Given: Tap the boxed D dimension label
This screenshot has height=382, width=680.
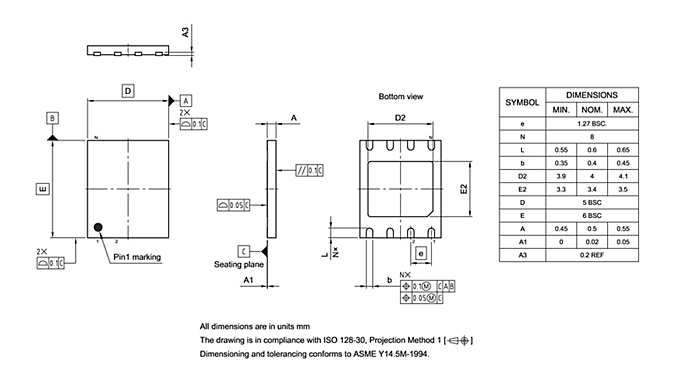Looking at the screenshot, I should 128,91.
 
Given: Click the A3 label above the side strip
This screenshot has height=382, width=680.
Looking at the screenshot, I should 186,33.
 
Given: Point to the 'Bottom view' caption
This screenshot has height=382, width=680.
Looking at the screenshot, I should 401,96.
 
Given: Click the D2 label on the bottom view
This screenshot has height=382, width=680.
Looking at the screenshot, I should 399,118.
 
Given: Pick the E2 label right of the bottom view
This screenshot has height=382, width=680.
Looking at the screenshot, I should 463,188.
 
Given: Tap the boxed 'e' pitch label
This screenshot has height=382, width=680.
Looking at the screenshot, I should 423,254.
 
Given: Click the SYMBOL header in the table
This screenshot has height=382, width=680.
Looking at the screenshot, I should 521,101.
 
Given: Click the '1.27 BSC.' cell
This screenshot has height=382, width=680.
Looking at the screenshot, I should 591,122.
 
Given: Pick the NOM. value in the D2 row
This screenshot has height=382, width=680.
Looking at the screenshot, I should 591,175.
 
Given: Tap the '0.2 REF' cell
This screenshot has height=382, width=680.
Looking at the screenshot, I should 591,255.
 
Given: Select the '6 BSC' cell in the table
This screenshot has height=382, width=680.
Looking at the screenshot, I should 591,215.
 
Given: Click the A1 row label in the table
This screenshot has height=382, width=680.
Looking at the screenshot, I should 521,242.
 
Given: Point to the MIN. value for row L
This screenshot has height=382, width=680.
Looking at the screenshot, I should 560,149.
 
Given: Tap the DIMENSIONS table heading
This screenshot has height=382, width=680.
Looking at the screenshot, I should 591,93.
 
